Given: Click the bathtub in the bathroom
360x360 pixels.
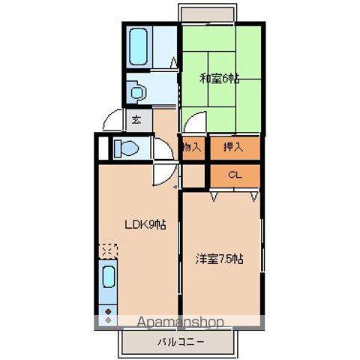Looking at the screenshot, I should (139, 46).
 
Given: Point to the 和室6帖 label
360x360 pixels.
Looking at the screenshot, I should (219, 77).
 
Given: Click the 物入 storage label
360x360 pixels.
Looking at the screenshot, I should (192, 148).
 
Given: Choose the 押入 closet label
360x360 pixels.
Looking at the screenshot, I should (233, 148).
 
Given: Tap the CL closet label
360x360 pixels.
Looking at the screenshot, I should (233, 175).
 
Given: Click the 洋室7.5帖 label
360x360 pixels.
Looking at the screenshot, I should (220, 259).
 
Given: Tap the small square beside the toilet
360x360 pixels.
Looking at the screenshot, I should (103, 148).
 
